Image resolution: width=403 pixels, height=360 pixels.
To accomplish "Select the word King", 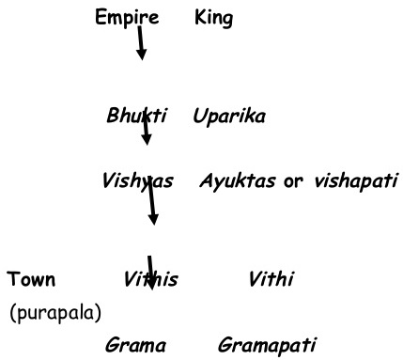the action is (213, 17).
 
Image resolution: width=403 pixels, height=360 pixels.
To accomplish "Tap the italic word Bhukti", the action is (136, 117).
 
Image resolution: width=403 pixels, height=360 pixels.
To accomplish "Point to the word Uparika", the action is (229, 117).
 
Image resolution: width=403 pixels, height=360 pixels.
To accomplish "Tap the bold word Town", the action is (31, 279).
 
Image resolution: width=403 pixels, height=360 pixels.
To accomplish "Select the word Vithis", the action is (150, 279).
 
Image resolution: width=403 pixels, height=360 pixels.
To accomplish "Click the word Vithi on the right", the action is (271, 279).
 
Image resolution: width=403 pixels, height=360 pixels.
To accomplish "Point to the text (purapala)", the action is (55, 311).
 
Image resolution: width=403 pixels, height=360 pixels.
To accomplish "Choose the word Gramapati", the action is (267, 345).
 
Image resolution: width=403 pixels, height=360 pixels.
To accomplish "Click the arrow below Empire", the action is (140, 43).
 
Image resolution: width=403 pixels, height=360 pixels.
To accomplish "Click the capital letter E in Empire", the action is (101, 17).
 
